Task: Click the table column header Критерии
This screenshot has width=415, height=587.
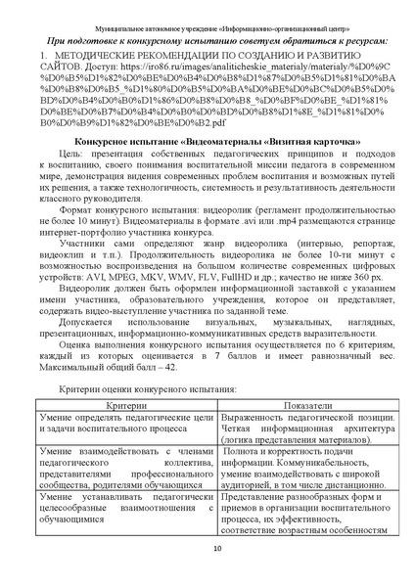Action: pos(120,430)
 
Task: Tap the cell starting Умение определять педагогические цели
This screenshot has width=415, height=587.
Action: pos(120,451)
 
